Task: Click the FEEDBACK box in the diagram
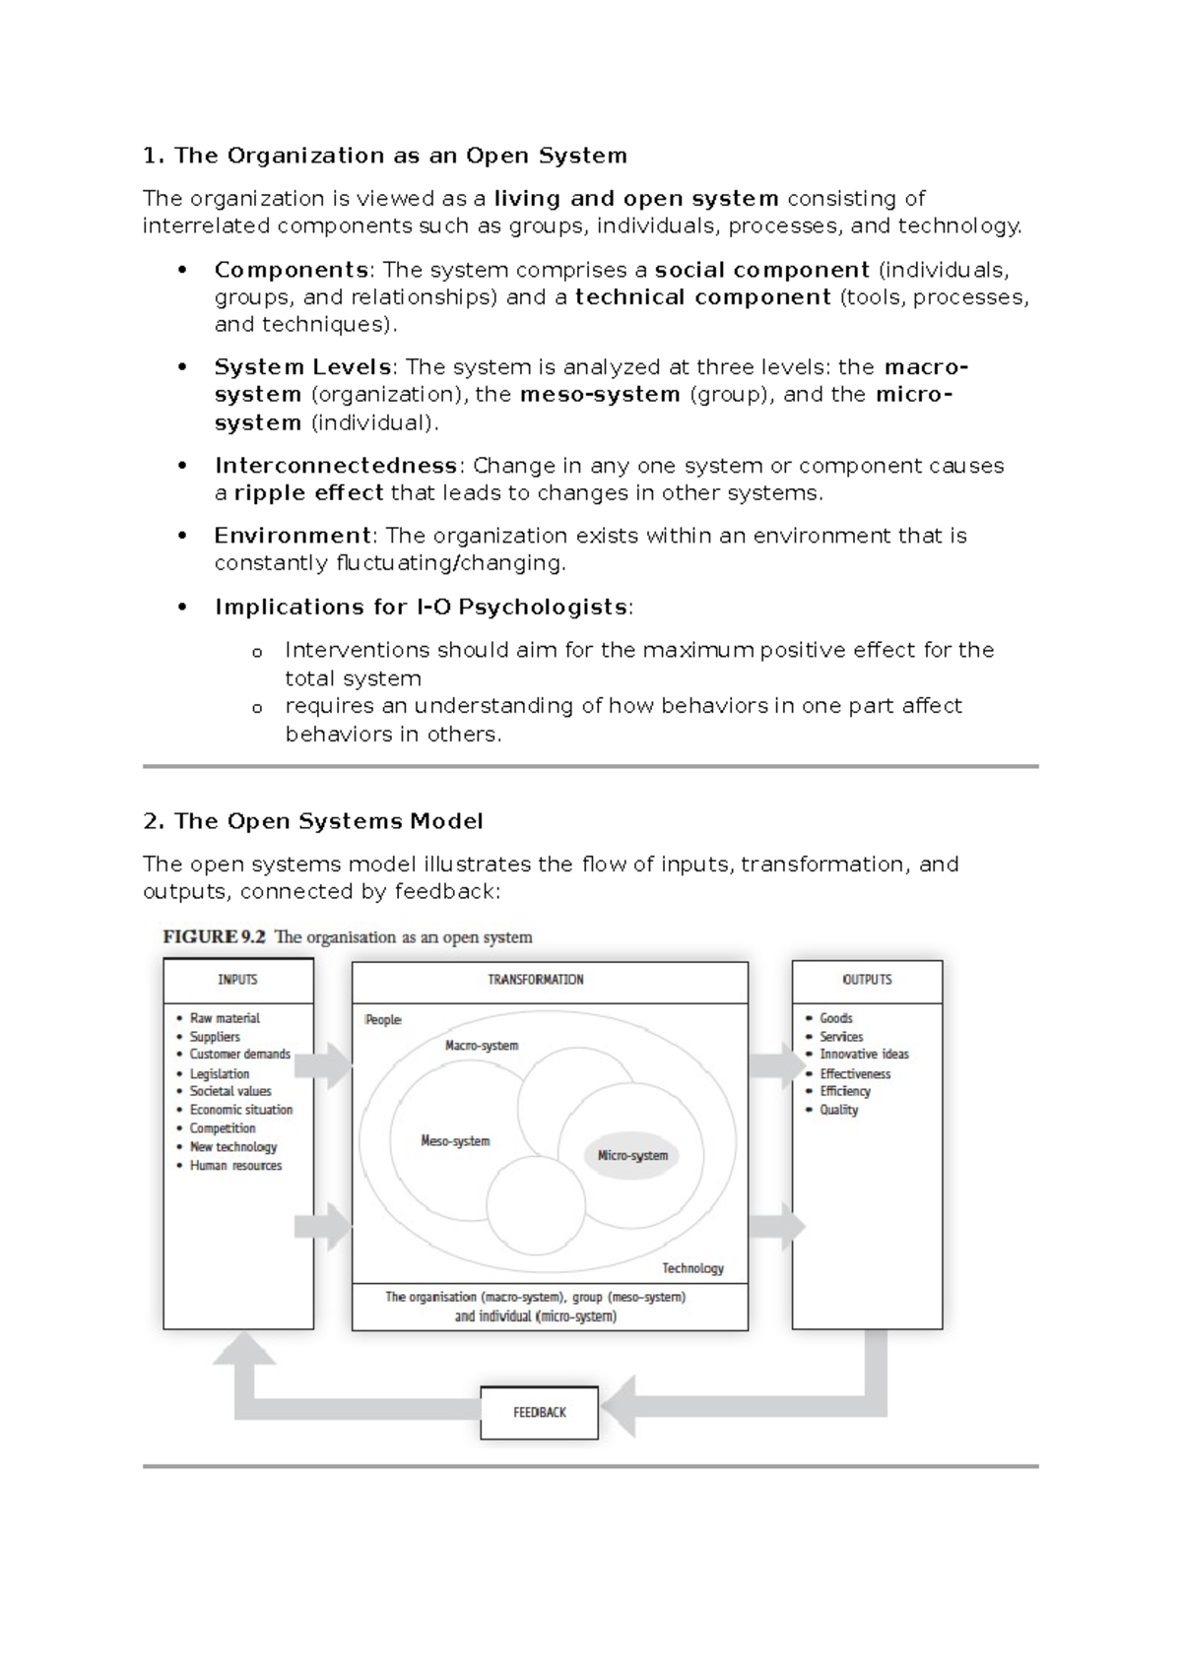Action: [x=539, y=1412]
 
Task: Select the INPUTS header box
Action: [x=237, y=980]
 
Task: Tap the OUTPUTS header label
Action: [x=867, y=980]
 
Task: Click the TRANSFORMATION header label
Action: [x=536, y=980]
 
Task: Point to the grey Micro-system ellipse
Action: [x=632, y=1155]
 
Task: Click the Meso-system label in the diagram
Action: [x=455, y=1141]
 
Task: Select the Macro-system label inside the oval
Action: [x=482, y=1046]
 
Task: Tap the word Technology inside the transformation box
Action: [x=692, y=1268]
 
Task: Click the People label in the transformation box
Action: [x=383, y=1019]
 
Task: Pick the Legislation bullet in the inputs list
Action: [x=219, y=1073]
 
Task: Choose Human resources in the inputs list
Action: [x=235, y=1165]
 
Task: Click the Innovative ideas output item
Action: [x=864, y=1054]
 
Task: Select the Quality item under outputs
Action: [x=838, y=1110]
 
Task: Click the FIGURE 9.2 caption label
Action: [x=214, y=937]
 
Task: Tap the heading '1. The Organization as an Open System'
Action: [x=384, y=156]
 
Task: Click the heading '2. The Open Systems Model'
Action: [x=312, y=821]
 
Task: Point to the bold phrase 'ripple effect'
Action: [x=308, y=493]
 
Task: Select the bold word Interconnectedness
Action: [x=336, y=466]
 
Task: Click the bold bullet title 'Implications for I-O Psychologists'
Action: [x=421, y=608]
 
